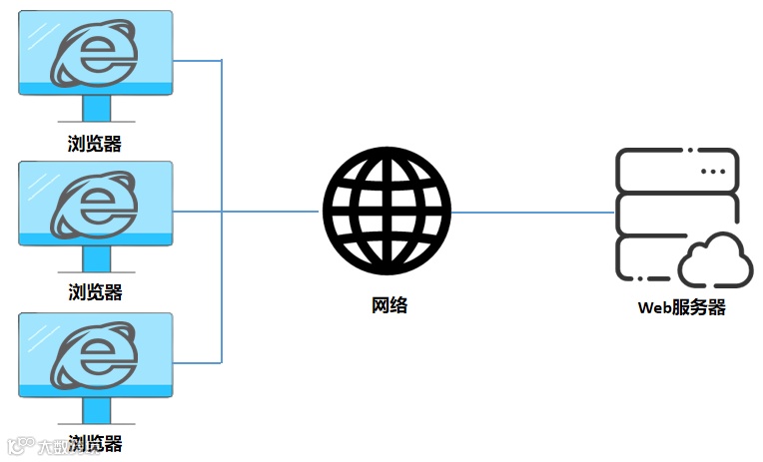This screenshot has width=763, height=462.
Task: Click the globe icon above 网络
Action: pyautogui.click(x=386, y=211)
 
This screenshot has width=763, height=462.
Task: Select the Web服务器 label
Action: pyautogui.click(x=681, y=307)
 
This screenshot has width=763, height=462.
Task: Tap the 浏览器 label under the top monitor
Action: pyautogui.click(x=95, y=143)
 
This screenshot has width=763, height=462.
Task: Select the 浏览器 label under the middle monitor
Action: pyautogui.click(x=95, y=292)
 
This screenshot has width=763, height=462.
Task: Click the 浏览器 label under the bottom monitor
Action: pyautogui.click(x=95, y=443)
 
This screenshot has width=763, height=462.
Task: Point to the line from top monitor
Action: pyautogui.click(x=197, y=60)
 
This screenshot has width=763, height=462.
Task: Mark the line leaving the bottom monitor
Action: pyautogui.click(x=197, y=362)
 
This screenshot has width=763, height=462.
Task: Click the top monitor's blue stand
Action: pyautogui.click(x=96, y=108)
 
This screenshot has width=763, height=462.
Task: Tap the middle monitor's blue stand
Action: pyautogui.click(x=96, y=258)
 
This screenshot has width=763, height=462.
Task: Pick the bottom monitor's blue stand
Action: pyautogui.click(x=96, y=410)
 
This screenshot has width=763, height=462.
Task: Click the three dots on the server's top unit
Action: pyautogui.click(x=712, y=172)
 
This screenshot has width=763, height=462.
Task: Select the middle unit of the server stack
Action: pyautogui.click(x=677, y=213)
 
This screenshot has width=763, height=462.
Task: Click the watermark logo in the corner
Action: pyautogui.click(x=18, y=446)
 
